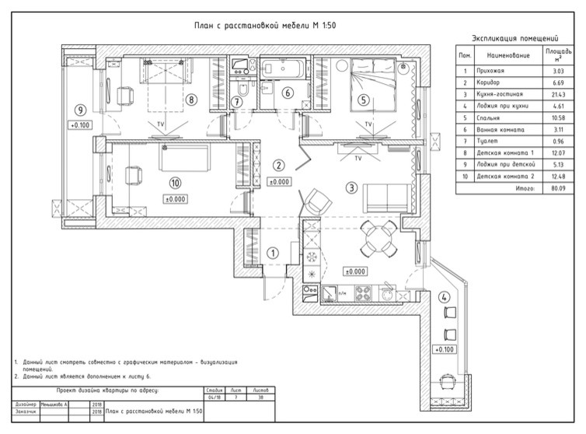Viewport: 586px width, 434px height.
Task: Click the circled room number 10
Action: [x=175, y=184]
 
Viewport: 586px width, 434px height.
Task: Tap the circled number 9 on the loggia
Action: [x=79, y=110]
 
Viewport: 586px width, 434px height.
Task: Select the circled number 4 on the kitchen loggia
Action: [x=444, y=297]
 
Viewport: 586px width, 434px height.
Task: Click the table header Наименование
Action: [x=508, y=57]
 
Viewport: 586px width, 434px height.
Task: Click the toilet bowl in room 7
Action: [x=240, y=96]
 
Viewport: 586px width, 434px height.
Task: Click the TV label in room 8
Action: [x=161, y=124]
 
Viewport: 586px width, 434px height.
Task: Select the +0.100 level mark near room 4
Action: [x=445, y=349]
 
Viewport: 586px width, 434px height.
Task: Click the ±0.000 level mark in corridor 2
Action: [x=279, y=182]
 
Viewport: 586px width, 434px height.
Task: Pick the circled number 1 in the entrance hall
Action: [x=272, y=253]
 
